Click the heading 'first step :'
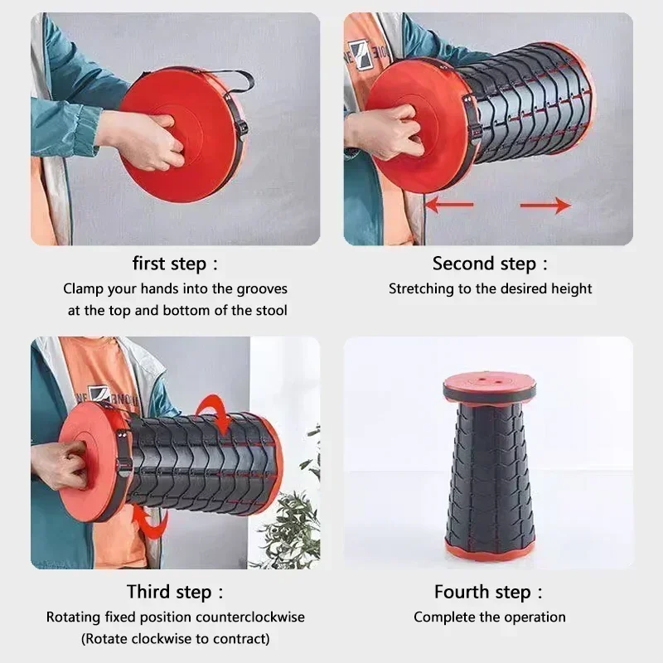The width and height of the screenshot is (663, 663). click(x=175, y=264)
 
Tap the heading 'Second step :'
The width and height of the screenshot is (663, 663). click(x=490, y=264)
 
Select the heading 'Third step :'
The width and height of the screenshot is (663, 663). click(x=175, y=592)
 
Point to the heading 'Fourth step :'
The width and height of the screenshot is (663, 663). click(x=489, y=592)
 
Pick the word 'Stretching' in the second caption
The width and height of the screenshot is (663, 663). click(x=421, y=289)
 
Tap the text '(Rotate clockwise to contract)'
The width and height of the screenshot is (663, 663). click(x=175, y=639)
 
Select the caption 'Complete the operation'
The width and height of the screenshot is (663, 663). click(x=489, y=617)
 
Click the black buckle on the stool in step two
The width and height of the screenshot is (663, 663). click(x=472, y=124)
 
